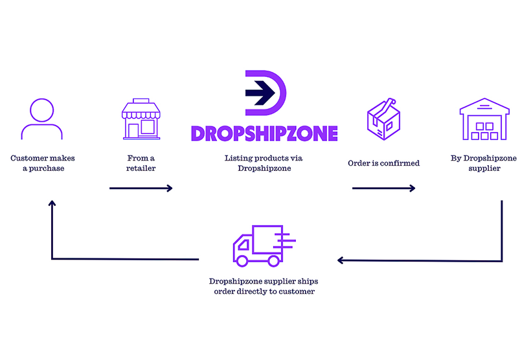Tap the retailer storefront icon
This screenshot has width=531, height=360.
(141, 118)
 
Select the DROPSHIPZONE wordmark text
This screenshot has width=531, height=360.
(264, 133)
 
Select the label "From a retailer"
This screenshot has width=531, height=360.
(141, 163)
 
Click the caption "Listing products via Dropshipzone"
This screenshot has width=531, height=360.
(264, 163)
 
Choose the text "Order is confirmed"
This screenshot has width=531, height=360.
(383, 163)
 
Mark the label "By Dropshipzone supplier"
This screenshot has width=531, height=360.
(481, 163)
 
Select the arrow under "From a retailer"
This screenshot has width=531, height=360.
(141, 188)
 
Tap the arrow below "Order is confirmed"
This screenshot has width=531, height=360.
(383, 188)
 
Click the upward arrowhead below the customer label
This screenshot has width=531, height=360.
(52, 203)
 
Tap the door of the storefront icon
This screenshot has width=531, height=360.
(134, 131)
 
